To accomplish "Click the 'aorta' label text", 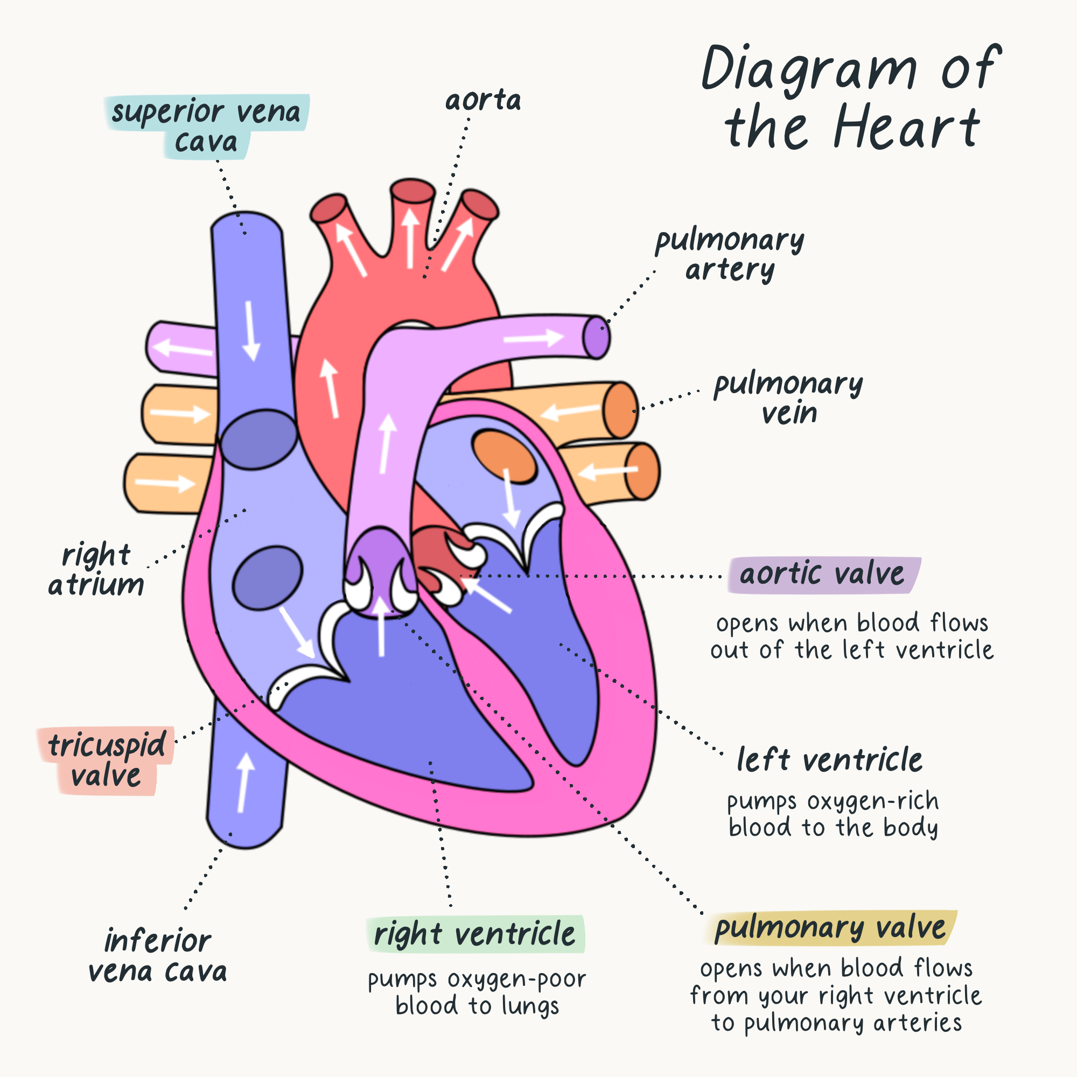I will tap(482, 100).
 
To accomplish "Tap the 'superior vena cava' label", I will tap(206, 126).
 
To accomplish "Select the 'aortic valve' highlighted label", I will tap(822, 574).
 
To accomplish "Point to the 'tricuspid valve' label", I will tap(106, 760).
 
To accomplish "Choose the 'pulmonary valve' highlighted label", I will tap(830, 928).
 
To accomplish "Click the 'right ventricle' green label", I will tap(474, 934).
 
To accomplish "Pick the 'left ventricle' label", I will tap(829, 760).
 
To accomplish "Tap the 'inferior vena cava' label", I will tap(158, 956).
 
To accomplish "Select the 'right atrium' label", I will tap(96, 570).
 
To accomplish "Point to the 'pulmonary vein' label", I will tap(788, 398).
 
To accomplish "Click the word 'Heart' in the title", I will tap(906, 128).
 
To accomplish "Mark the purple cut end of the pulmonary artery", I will tap(596, 337).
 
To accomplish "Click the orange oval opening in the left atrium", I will tap(504, 456).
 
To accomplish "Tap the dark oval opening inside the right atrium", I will tap(268, 578).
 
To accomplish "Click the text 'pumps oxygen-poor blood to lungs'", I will tap(477, 992).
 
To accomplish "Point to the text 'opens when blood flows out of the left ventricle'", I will tap(852, 636).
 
